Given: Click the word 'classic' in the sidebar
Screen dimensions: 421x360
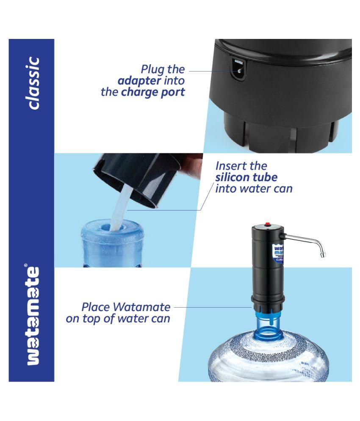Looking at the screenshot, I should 32,83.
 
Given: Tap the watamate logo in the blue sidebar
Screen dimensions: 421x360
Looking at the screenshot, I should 32,316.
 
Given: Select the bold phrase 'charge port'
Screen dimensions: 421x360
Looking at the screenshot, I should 153,92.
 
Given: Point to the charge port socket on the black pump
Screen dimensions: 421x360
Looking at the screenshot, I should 238,68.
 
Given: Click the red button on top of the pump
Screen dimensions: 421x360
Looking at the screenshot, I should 267,223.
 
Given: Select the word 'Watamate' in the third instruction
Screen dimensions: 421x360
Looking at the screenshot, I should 143,307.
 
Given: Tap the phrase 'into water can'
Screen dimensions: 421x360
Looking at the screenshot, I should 254,188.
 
